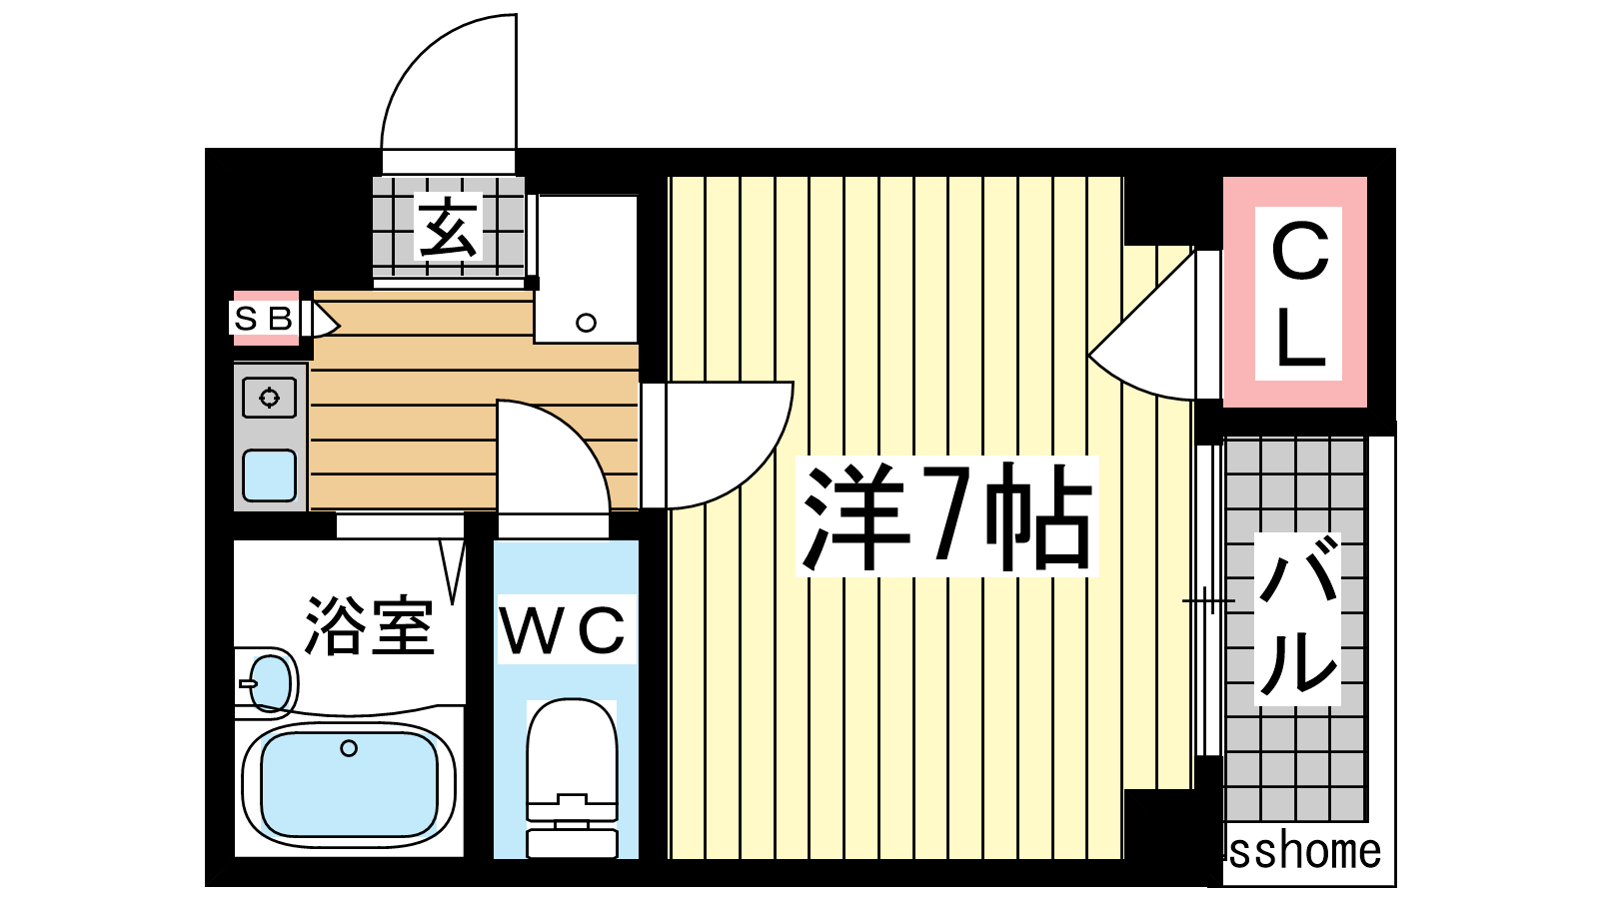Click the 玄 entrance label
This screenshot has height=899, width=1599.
449,227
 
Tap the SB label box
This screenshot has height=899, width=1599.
264,319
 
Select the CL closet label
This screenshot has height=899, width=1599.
1298,294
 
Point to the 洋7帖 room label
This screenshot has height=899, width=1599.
947,515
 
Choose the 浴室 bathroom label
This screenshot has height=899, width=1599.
369,625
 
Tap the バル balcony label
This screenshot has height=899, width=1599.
1297,618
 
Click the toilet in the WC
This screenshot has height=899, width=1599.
572,778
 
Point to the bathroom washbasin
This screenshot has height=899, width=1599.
271,683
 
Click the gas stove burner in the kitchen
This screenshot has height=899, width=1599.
269,397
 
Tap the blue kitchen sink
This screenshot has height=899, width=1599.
269,475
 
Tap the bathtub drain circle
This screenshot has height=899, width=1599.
349,748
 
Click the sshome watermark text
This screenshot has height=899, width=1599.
1304,852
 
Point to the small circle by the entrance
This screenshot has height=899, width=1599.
586,324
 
